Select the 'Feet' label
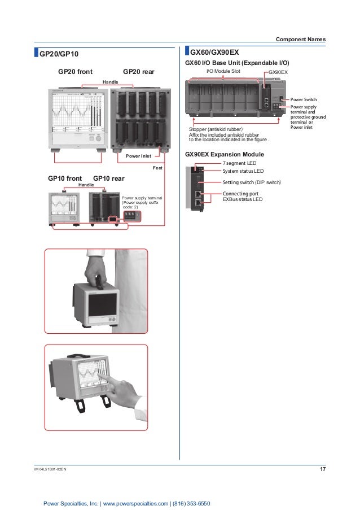pos(166,168)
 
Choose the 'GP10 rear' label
pos(109,178)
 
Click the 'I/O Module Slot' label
pos(223,72)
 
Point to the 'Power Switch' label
pos(304,99)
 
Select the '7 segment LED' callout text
pos(239,162)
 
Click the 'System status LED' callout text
pos(243,171)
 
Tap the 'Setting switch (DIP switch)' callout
pos(251,182)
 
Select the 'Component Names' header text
pos(300,39)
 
